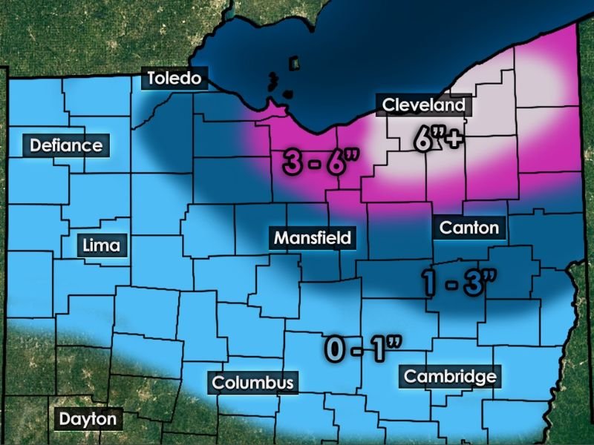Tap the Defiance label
66,145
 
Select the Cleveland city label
423,105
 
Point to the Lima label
103,245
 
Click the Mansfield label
312,238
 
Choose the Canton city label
469,227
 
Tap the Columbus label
253,383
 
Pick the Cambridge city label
450,376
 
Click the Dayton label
88,419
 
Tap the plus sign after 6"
451,139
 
